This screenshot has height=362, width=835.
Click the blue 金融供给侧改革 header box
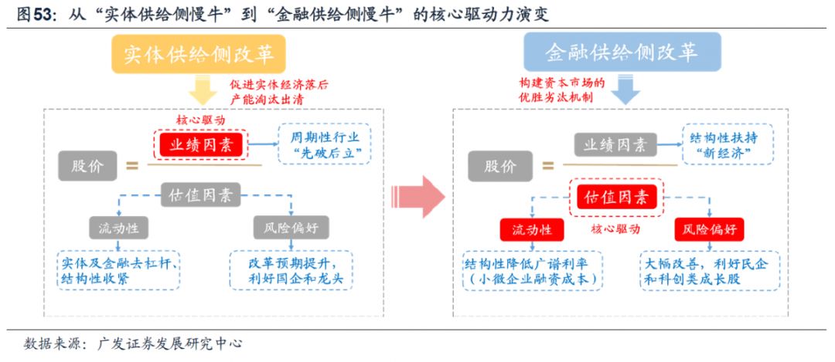622,52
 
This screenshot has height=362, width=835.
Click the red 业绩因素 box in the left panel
200,144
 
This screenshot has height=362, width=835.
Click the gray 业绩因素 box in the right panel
615,144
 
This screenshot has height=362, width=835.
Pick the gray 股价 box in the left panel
87,165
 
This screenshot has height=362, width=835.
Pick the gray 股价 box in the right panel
500,166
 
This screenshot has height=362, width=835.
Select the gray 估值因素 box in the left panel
200,195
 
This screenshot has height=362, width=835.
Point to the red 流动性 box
531,229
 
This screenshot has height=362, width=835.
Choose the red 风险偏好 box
710,229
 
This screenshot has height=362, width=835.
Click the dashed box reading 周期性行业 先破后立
324,144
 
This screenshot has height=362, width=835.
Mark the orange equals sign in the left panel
132,164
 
